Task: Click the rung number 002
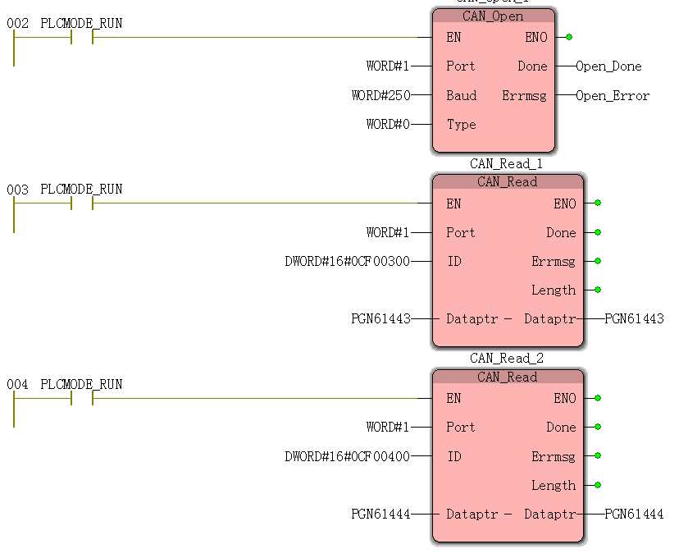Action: [17, 24]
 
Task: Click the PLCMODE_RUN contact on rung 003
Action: [82, 203]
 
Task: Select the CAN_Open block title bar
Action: [494, 16]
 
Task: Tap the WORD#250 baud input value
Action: [380, 96]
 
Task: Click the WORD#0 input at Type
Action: [388, 125]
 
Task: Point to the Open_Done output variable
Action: [608, 66]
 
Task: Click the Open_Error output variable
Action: [612, 96]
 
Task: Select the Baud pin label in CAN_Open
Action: [461, 96]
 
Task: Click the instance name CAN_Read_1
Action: [507, 164]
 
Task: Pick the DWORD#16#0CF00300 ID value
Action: [347, 262]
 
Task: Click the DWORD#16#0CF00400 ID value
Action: [347, 456]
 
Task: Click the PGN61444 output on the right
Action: [634, 515]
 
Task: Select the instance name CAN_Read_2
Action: [507, 359]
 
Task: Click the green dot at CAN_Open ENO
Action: [569, 37]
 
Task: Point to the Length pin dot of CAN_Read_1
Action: [598, 290]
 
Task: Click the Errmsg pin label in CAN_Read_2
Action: [554, 456]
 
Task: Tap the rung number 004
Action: [17, 384]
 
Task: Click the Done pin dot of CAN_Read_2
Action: [598, 427]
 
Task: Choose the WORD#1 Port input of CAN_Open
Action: [388, 66]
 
